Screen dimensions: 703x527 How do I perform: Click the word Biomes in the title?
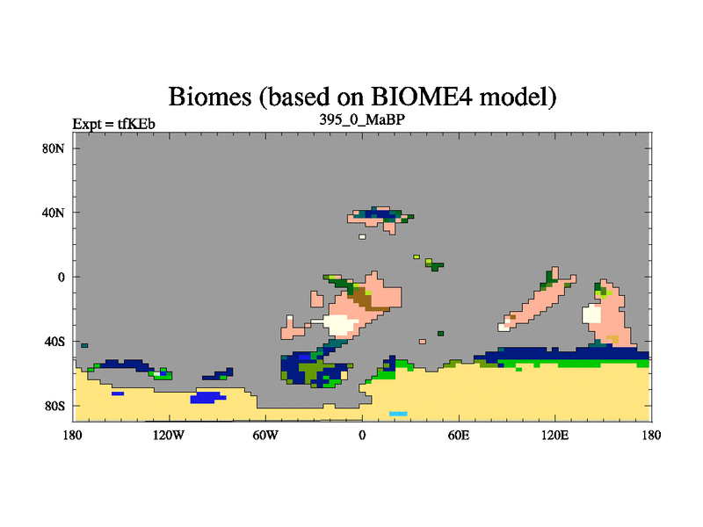pos(209,97)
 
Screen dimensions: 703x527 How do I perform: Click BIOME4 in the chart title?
pos(421,96)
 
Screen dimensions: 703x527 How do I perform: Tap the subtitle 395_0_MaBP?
pos(362,119)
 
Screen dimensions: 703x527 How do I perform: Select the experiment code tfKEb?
pos(136,123)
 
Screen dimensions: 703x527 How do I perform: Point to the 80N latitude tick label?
pos(54,148)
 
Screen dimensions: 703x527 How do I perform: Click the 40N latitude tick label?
pos(54,213)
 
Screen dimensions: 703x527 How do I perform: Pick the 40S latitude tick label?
pos(54,342)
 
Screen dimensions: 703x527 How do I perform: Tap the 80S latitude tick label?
pos(54,407)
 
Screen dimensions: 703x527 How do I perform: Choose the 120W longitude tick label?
pos(169,435)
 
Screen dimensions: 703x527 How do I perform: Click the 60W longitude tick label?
pos(265,435)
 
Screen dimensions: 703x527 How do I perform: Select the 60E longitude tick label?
pos(459,435)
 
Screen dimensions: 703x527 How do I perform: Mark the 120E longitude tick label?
pos(555,435)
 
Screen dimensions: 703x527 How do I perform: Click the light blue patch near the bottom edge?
pos(398,414)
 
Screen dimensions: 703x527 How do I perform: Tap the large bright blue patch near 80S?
pos(207,398)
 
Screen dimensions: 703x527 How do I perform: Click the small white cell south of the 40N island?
pos(362,236)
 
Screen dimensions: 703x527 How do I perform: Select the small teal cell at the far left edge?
pos(84,345)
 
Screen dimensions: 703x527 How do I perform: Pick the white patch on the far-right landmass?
pos(591,314)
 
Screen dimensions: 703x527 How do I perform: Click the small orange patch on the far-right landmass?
pos(612,339)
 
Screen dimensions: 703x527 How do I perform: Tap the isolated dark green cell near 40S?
pos(441,334)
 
